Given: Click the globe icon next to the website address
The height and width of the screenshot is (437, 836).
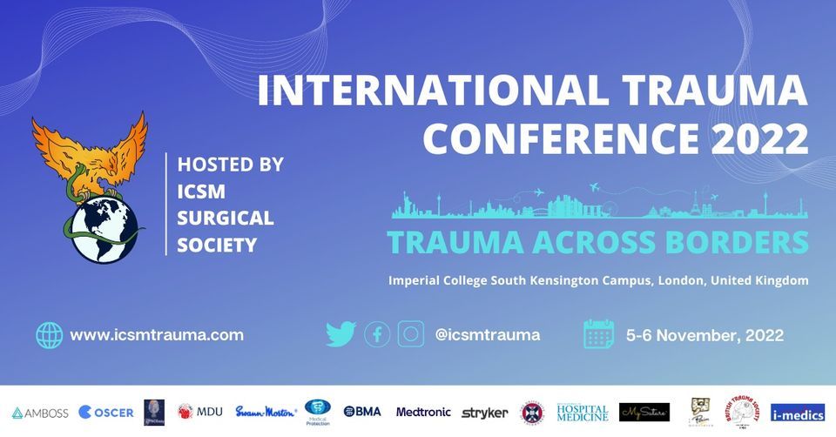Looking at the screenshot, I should [x=50, y=335].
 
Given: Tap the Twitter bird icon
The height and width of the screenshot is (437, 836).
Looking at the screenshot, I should [x=340, y=334].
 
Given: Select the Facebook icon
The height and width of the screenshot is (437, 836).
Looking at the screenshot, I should [x=377, y=334].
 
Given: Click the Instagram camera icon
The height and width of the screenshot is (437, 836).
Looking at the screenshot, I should [x=411, y=334].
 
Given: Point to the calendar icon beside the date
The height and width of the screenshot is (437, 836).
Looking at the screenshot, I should [x=599, y=334].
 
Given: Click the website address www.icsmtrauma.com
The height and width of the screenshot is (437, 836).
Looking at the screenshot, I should [x=157, y=335].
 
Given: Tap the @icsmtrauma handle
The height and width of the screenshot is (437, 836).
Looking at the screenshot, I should [x=487, y=334].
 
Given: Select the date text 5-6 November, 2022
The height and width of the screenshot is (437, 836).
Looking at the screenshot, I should [x=705, y=335].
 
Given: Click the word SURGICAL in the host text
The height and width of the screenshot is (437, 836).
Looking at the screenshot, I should [x=226, y=218].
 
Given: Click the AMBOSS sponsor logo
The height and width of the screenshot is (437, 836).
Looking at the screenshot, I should [x=40, y=412].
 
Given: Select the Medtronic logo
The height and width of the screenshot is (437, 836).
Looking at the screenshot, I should [x=423, y=412].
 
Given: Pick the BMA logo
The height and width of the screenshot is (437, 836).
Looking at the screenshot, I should [x=362, y=412].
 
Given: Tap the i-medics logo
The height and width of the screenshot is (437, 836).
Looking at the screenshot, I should [x=797, y=412].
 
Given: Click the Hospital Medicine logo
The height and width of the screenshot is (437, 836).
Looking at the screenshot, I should [x=583, y=412].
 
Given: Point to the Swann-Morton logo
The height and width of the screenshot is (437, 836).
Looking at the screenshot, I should [x=266, y=412].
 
